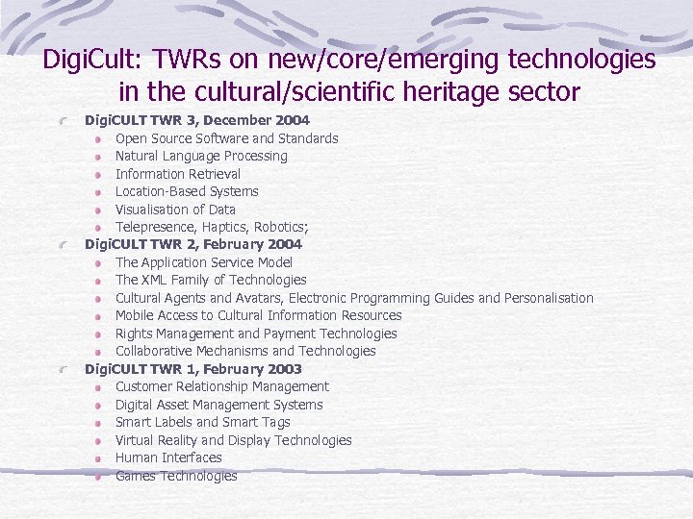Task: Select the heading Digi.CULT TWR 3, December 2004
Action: tap(197, 120)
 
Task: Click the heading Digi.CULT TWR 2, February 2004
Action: tap(193, 244)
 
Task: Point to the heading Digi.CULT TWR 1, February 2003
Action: tap(193, 369)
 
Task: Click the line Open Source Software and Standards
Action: tap(226, 138)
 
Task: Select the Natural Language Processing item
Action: tap(201, 156)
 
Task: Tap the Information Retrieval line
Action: tap(178, 174)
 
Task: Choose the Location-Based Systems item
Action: tap(187, 191)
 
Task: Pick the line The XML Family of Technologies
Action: tap(211, 280)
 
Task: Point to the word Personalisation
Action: tap(549, 298)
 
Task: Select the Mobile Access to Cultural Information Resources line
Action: tap(258, 315)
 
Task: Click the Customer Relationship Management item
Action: tap(221, 386)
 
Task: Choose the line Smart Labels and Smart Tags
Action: tap(202, 422)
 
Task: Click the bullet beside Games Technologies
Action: tap(99, 476)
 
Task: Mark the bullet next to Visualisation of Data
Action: tap(99, 210)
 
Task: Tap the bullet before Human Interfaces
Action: tap(99, 458)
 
